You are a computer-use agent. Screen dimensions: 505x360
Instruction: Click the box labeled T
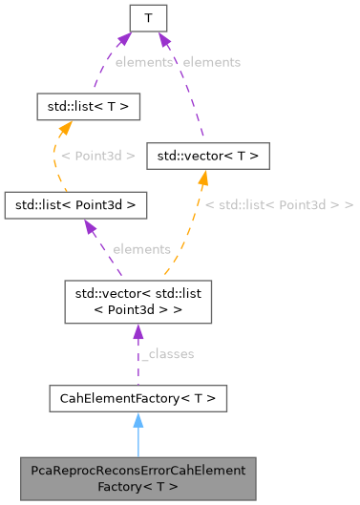pos(148,17)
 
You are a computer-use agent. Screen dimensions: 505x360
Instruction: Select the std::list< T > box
pos(88,106)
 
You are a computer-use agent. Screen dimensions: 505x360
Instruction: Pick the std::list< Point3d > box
pos(75,204)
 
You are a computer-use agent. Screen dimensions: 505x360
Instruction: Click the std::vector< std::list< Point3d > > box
pos(138,301)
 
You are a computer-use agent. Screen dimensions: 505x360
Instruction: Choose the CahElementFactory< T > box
pos(138,397)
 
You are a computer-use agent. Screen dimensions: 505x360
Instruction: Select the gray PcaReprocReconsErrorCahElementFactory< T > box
pos(138,478)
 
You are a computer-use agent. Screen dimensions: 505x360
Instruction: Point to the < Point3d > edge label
pos(97,155)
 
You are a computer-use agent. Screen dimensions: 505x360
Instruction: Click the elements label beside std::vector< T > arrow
pos(211,61)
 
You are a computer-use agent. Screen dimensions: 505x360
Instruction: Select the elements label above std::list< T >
pos(143,61)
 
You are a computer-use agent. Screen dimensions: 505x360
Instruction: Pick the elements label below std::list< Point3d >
pos(141,248)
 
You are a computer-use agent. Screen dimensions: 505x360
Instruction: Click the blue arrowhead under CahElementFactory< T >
pos(138,419)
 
